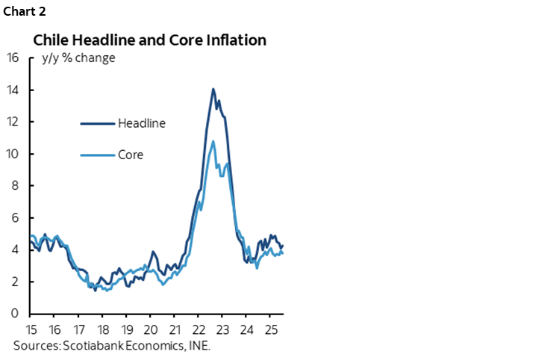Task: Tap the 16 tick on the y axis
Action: click(x=13, y=58)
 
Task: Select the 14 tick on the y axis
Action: click(x=13, y=90)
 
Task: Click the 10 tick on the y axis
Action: click(x=13, y=154)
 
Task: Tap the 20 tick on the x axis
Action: click(x=150, y=329)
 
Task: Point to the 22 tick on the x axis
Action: click(x=198, y=329)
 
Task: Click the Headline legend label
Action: click(x=141, y=123)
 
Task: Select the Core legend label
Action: click(x=130, y=155)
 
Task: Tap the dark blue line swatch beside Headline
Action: click(x=97, y=123)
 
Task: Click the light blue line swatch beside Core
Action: click(x=97, y=155)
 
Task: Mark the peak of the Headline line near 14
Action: click(x=213, y=89)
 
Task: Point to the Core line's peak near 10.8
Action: click(x=213, y=140)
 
